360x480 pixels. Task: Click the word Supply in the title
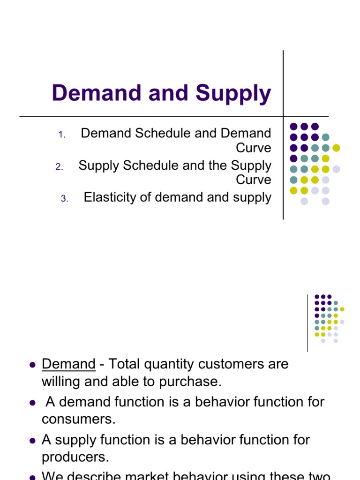coord(233,94)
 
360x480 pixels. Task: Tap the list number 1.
coord(61,135)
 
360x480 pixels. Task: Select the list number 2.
coord(59,167)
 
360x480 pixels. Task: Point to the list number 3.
coord(65,199)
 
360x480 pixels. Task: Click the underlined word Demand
coord(68,364)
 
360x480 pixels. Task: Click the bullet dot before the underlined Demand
coord(32,365)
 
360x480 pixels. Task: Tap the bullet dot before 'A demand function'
coord(32,403)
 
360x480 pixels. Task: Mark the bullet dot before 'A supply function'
coord(32,441)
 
